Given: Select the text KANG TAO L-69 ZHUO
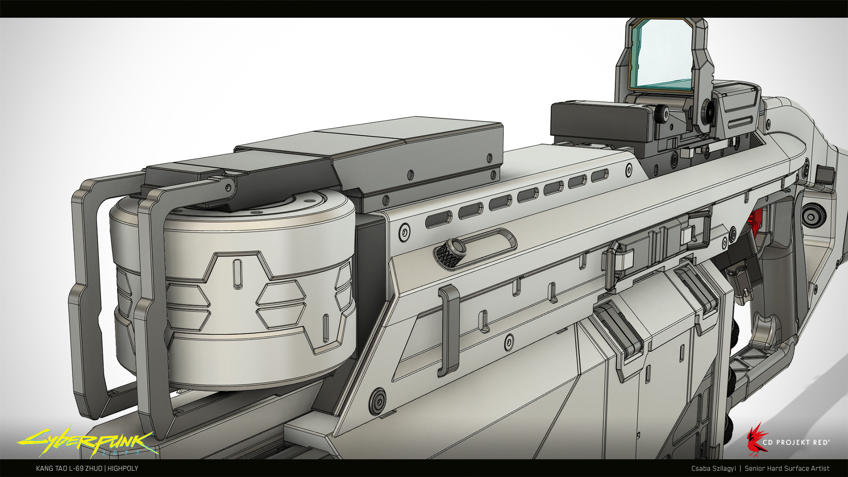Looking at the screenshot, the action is pos(69,468).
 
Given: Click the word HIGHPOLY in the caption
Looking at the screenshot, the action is pos(123,468).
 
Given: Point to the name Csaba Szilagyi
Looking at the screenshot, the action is pos(713,468).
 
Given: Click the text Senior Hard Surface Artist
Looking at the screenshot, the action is pos(787,468).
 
